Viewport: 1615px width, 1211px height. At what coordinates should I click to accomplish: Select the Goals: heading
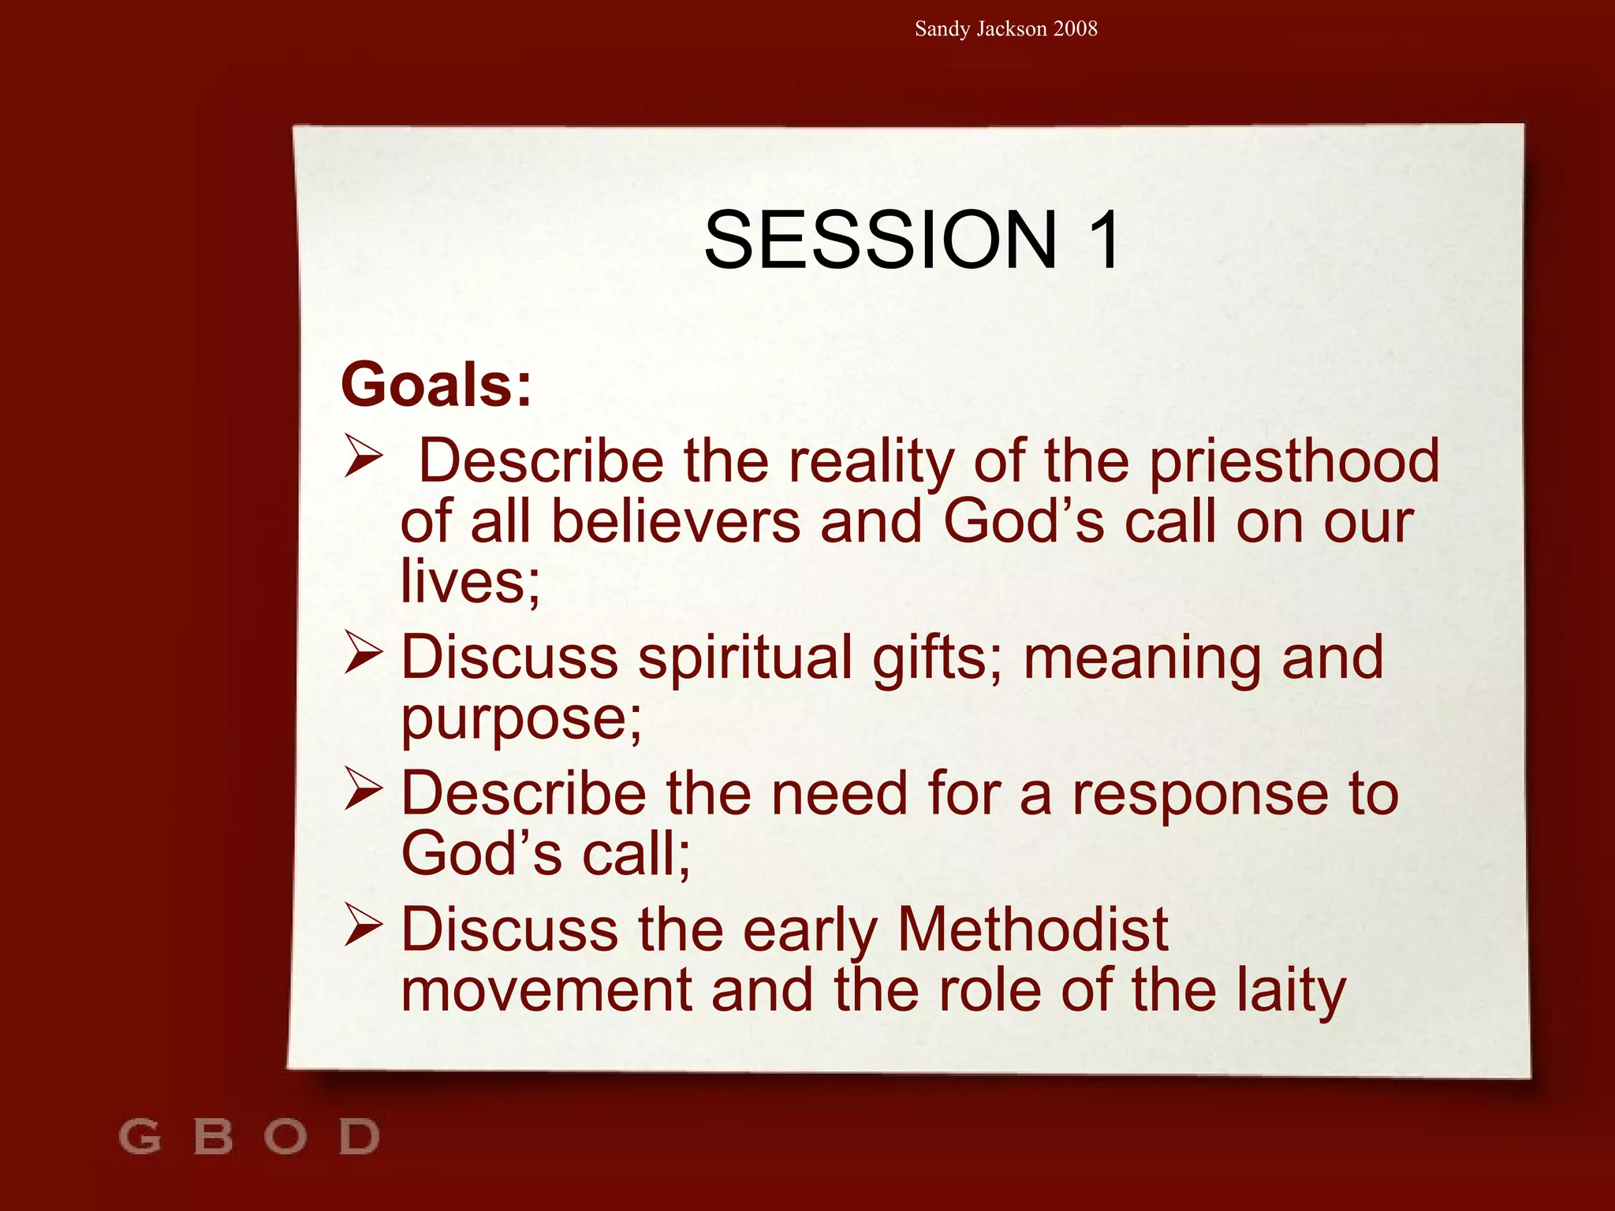(436, 386)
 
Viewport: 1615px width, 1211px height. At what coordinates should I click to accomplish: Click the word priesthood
(1293, 461)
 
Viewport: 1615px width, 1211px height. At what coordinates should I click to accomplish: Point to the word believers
(675, 522)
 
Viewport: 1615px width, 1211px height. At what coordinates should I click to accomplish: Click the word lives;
(470, 582)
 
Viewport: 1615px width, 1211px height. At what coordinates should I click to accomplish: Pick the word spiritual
(745, 658)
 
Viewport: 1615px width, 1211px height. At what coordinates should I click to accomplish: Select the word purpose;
(521, 719)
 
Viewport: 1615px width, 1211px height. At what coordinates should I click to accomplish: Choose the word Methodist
(1032, 930)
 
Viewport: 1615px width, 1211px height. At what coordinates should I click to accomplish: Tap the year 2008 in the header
(1075, 29)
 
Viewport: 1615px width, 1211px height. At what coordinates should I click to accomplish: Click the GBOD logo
(249, 1136)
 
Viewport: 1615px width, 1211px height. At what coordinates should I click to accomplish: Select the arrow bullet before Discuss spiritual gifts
(364, 654)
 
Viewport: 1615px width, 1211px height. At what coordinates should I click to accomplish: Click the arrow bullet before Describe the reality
(364, 458)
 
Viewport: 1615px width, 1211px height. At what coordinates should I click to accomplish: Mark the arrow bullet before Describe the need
(364, 791)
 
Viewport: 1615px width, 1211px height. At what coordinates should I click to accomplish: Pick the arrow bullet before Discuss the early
(364, 926)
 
